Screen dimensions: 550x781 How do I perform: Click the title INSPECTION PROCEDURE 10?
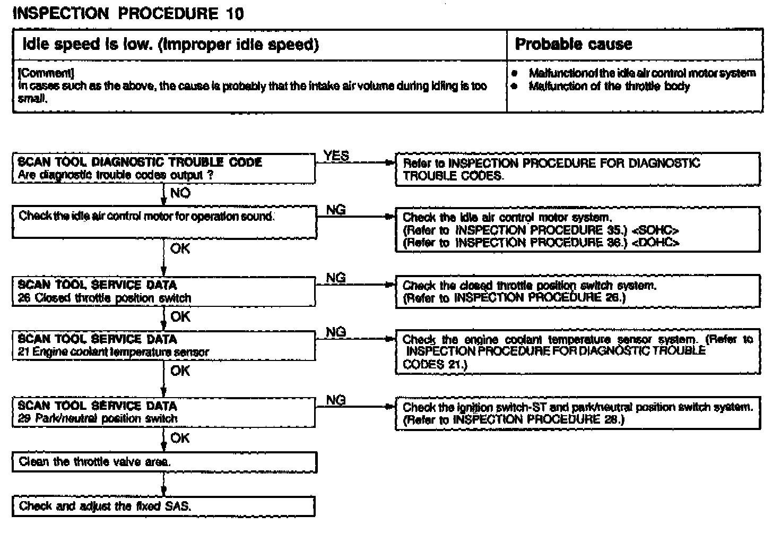(128, 13)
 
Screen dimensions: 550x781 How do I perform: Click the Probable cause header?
(574, 44)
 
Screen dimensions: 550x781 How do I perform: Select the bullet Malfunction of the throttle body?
(609, 86)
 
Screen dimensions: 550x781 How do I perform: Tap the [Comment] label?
(46, 73)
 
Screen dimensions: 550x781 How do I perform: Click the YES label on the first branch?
(336, 156)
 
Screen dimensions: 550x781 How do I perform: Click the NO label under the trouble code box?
(180, 193)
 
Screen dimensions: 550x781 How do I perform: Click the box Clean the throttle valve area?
(164, 462)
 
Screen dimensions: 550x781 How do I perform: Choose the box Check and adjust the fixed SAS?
(164, 506)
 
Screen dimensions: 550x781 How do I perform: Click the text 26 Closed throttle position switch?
(105, 298)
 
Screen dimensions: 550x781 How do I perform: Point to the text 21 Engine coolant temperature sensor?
(113, 352)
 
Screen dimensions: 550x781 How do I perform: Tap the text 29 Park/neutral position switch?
(98, 419)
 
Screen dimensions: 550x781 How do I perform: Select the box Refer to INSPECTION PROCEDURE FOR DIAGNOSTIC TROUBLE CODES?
(577, 169)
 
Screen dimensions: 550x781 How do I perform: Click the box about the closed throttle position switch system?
(577, 291)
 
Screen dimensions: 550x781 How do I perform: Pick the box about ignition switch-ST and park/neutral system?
(577, 413)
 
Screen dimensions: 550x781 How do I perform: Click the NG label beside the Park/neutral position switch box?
(336, 400)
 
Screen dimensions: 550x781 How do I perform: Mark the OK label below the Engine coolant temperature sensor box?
(180, 371)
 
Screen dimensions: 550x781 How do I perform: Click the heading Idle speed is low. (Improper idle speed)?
(171, 44)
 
